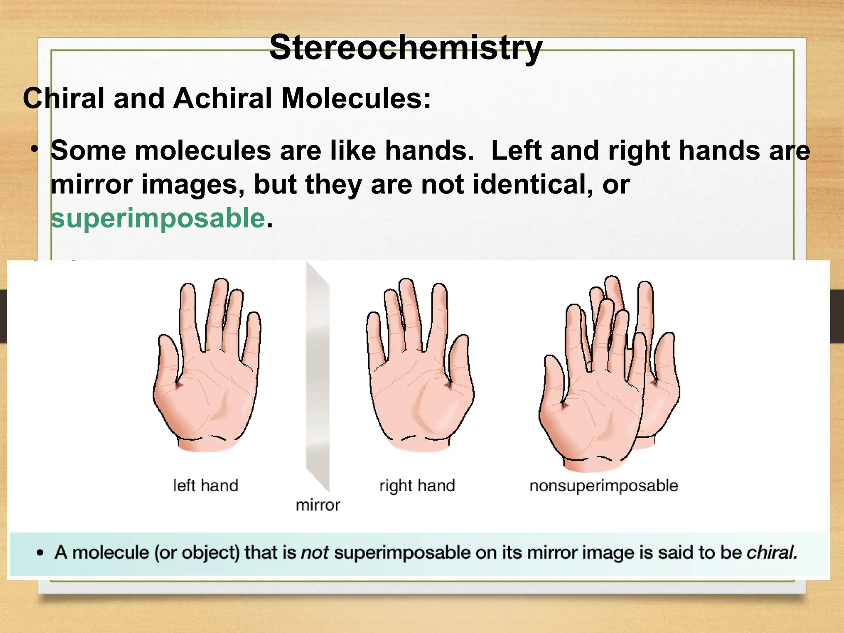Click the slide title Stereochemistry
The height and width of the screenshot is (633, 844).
406,48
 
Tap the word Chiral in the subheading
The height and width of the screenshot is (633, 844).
63,99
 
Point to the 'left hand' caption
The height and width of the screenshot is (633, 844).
206,485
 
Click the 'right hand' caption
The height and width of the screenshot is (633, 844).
417,485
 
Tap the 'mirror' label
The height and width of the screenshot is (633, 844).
318,505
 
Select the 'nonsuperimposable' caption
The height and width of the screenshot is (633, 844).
604,485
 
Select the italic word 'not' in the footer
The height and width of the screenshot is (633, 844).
315,553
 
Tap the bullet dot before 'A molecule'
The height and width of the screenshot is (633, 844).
40,553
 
